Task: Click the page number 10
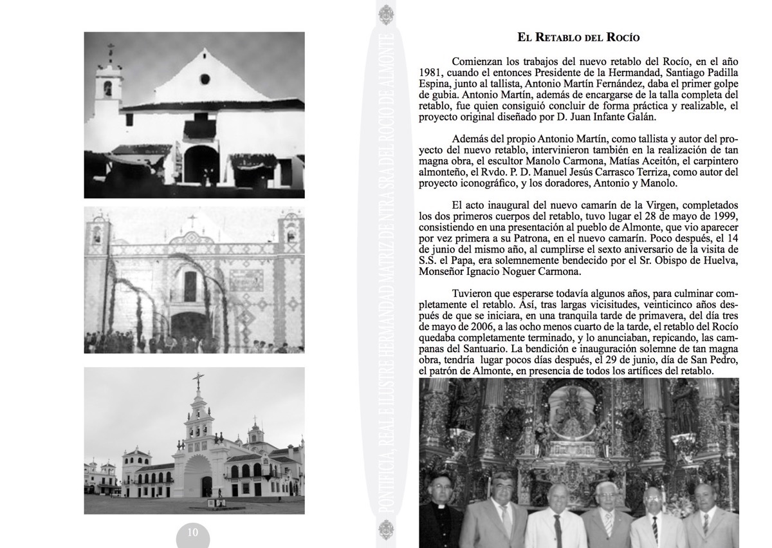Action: [193, 533]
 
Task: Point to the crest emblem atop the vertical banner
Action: [385, 14]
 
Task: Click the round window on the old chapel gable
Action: [205, 79]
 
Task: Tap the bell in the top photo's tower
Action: [107, 88]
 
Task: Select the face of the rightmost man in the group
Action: [704, 496]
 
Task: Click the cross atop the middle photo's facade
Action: [190, 222]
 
